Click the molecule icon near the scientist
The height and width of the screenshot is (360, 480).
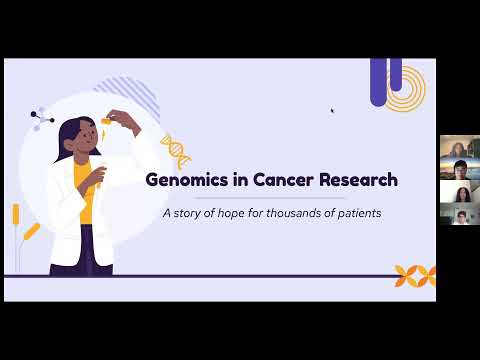pos(41,119)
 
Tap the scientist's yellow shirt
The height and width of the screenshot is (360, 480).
pos(85,205)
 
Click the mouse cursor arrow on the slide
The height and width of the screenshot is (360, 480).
pos(332,110)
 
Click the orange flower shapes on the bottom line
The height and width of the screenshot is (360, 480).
pos(413,275)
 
